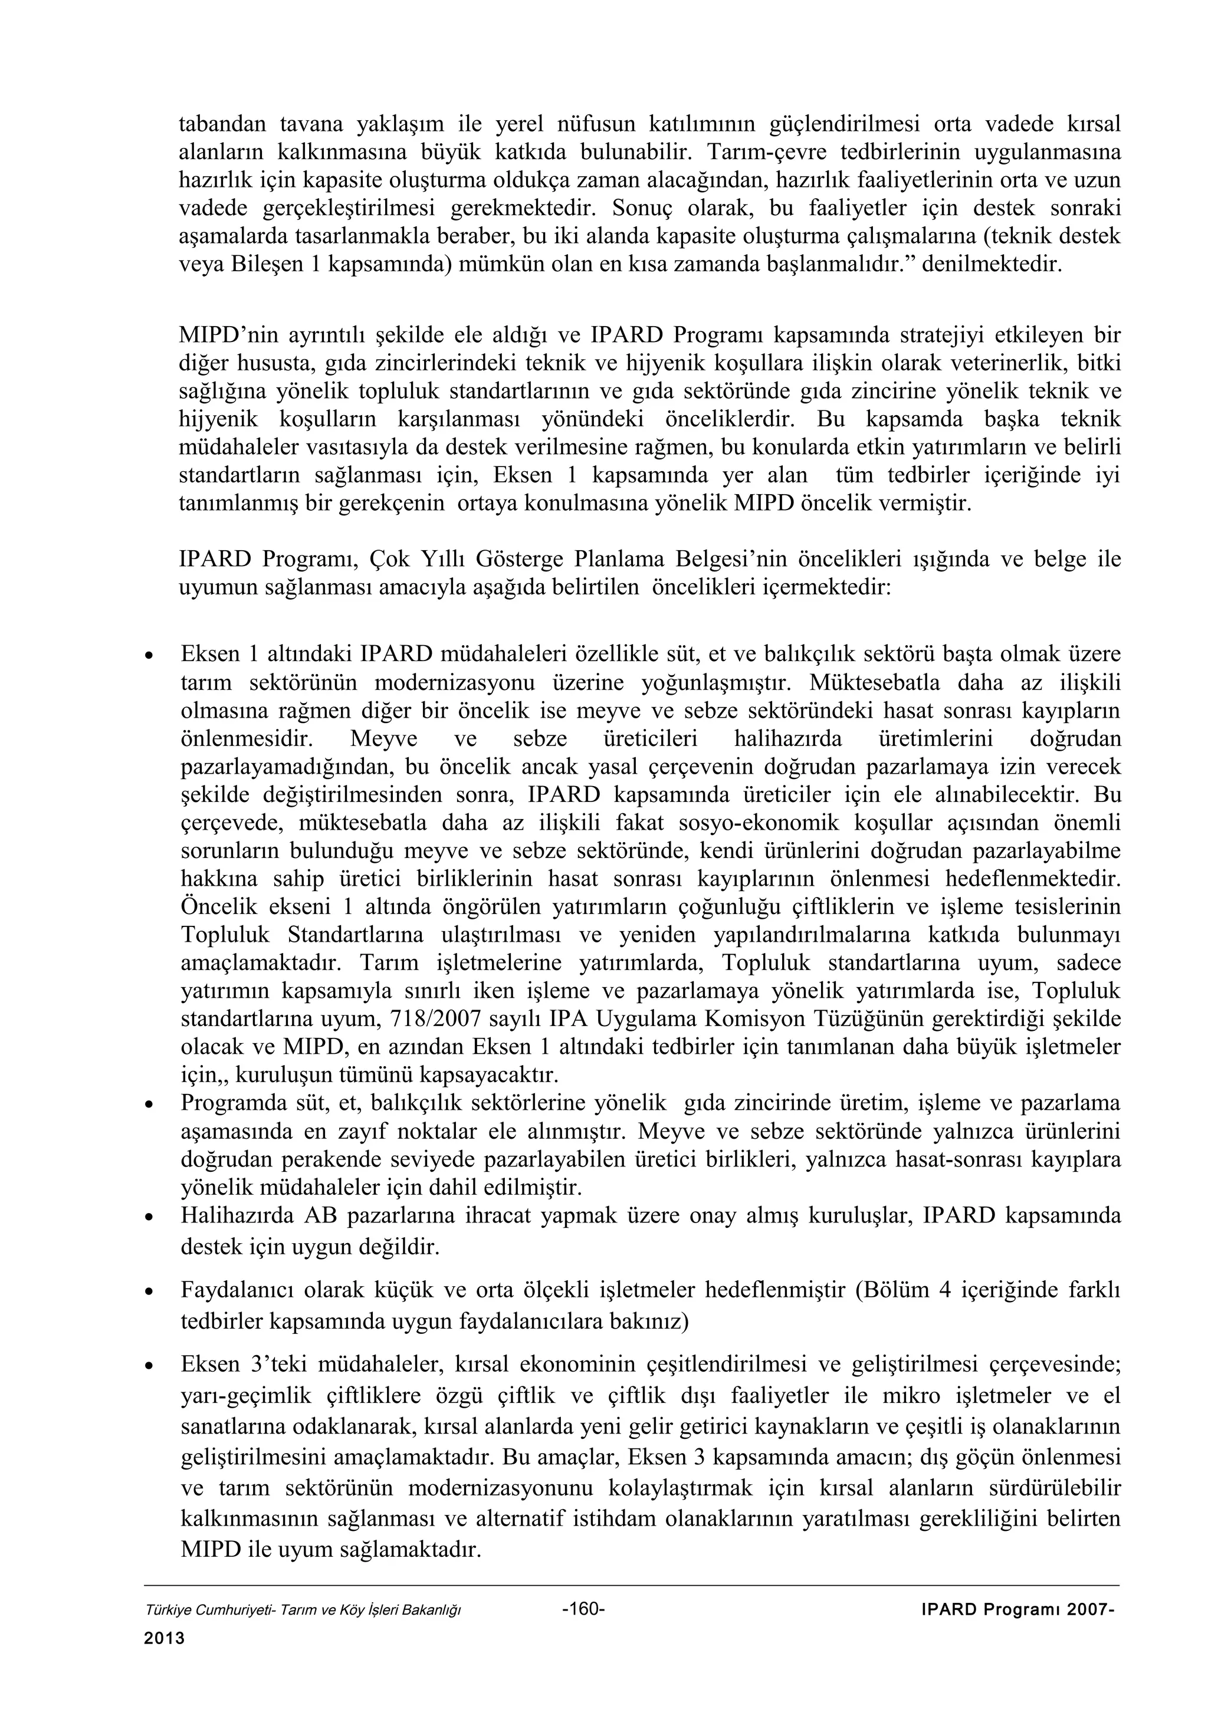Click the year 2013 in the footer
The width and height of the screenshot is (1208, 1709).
coord(164,1638)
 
